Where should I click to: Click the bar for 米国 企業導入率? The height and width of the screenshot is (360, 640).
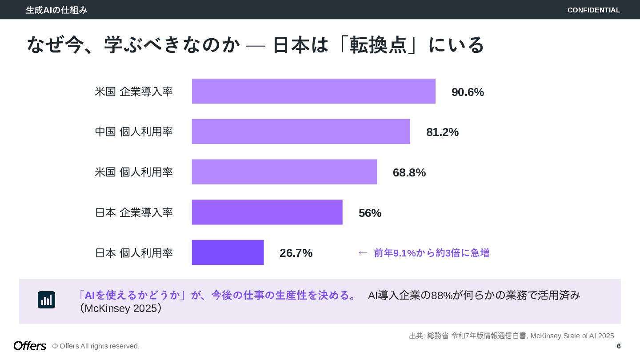[313, 91]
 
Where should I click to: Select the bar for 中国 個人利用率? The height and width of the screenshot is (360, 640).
[301, 132]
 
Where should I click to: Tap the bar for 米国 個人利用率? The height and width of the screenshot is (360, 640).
[284, 172]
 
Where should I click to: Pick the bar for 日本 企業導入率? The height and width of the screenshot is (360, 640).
[267, 212]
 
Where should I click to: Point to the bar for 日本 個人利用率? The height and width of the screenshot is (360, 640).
[228, 252]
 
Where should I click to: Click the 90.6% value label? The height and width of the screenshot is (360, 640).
[468, 92]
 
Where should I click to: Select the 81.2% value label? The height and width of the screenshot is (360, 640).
[442, 132]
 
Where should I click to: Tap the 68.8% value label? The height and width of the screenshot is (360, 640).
[409, 172]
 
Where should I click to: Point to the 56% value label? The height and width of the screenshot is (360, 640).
[370, 213]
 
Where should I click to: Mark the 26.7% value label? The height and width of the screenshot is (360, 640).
[296, 253]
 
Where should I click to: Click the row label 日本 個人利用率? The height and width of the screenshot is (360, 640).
[134, 253]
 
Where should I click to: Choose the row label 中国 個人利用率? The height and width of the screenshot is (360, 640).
[134, 132]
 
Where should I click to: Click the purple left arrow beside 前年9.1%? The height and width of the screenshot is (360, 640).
[363, 253]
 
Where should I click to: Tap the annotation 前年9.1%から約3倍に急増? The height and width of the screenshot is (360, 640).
[432, 253]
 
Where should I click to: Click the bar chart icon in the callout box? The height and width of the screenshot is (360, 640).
[46, 300]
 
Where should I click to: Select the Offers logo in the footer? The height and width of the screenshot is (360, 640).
[30, 346]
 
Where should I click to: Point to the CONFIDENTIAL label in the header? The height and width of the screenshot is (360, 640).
[593, 10]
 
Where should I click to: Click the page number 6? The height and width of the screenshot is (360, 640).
[619, 346]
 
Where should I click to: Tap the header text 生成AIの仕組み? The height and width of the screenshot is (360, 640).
[56, 10]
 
